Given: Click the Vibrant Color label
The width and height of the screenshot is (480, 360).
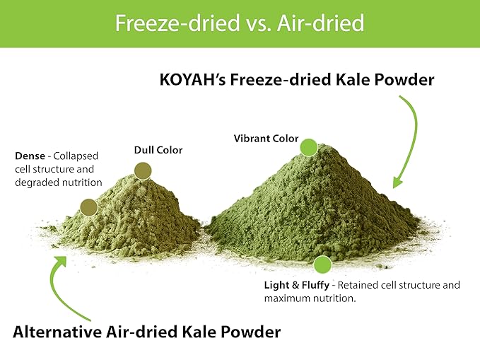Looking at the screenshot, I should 266,139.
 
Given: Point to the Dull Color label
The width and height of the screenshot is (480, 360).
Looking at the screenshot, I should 158,150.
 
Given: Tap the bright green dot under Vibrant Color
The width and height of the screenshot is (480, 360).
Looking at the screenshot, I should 308,147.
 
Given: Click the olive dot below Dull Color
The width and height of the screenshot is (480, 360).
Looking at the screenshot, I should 143,170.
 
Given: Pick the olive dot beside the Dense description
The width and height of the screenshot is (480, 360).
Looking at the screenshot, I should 88,207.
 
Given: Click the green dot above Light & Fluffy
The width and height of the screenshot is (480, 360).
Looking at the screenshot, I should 322,265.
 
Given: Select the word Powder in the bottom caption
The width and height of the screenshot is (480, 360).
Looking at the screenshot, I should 253,331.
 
